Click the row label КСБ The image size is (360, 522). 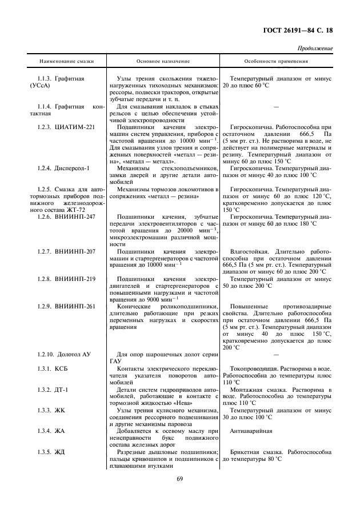click(x=62, y=371)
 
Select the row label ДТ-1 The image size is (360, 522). click(x=62, y=388)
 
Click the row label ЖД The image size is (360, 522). click(x=61, y=452)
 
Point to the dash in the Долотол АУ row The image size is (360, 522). click(x=277, y=355)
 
